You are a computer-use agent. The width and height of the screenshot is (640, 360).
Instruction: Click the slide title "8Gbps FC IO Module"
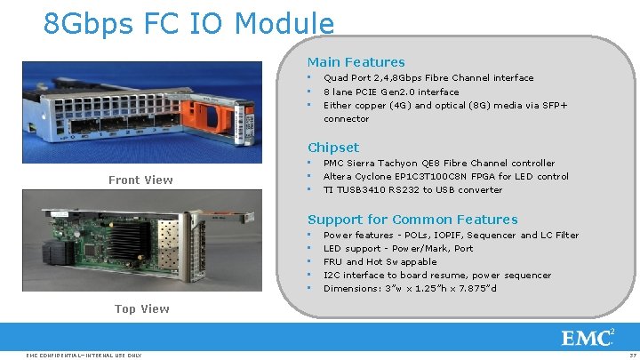click(x=188, y=23)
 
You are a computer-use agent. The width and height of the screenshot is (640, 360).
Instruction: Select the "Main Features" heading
click(x=356, y=62)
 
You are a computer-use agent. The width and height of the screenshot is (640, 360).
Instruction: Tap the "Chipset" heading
click(x=333, y=148)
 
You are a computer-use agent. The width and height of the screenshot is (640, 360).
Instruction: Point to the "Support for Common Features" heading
click(x=412, y=220)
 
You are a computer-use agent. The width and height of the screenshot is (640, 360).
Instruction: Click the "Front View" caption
click(x=140, y=180)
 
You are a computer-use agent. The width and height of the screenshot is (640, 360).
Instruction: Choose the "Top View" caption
click(x=141, y=309)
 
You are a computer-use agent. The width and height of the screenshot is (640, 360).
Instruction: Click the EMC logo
click(x=588, y=337)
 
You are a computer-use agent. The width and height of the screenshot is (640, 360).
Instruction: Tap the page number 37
click(x=630, y=356)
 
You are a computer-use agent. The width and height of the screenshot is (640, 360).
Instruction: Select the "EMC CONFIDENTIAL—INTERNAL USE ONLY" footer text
click(x=85, y=356)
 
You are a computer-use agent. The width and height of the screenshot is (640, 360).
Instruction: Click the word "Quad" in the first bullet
click(x=336, y=78)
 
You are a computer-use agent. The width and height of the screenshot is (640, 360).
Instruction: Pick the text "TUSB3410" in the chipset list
click(x=358, y=190)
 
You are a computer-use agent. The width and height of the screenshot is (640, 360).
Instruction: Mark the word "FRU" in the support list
click(x=332, y=262)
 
